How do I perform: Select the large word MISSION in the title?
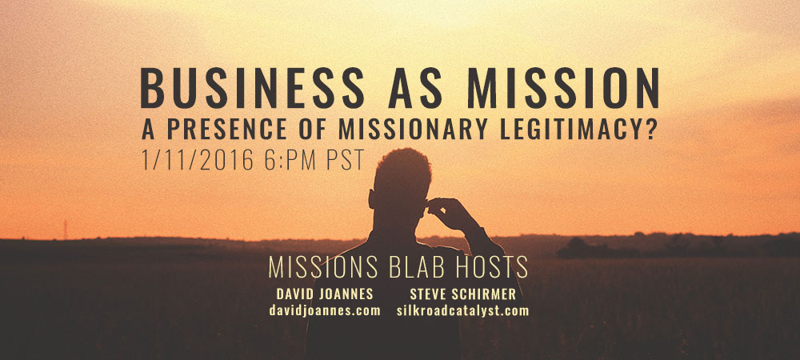pyautogui.click(x=563, y=88)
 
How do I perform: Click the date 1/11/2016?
pyautogui.click(x=198, y=160)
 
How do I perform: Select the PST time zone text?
pyautogui.click(x=346, y=160)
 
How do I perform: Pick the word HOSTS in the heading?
pyautogui.click(x=488, y=266)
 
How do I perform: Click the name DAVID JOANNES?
pyautogui.click(x=325, y=294)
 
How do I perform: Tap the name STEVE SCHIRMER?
pyautogui.click(x=462, y=294)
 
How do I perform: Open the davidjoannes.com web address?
pyautogui.click(x=325, y=310)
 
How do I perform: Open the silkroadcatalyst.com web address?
pyautogui.click(x=462, y=310)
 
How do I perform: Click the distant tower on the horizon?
pyautogui.click(x=66, y=230)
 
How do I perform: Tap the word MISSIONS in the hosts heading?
pyautogui.click(x=323, y=266)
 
